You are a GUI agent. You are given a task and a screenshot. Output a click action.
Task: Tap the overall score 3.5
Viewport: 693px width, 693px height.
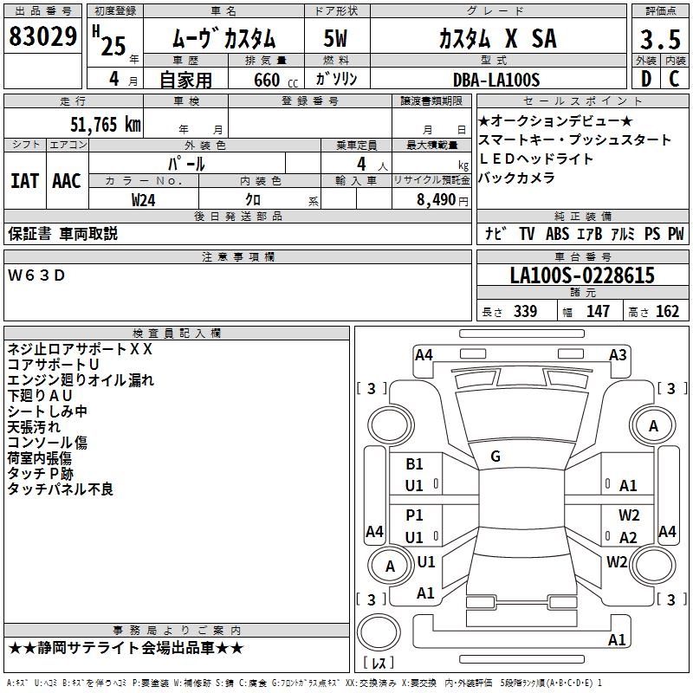point(658,41)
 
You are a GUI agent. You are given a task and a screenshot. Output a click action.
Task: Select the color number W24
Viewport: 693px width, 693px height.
point(144,199)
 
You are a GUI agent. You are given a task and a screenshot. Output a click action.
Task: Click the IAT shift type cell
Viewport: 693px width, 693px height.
point(24,181)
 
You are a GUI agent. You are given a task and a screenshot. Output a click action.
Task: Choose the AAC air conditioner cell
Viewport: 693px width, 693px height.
point(67,181)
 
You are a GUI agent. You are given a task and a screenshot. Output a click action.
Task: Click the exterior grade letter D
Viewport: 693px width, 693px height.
point(645,80)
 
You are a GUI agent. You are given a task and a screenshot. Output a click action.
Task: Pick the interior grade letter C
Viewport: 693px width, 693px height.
point(675,80)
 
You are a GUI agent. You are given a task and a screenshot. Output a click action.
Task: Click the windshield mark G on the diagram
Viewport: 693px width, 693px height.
point(495,457)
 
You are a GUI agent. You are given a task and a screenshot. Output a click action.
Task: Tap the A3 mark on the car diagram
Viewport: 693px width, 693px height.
point(618,355)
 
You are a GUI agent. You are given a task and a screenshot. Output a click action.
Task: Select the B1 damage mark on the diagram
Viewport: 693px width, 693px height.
point(414,464)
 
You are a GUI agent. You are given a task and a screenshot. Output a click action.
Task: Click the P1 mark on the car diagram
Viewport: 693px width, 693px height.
point(414,515)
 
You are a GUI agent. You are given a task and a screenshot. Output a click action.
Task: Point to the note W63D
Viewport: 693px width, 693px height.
point(36,275)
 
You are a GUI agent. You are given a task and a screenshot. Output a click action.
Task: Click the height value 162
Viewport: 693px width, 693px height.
point(667,312)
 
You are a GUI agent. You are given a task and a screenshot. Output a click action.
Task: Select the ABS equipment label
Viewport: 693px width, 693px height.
point(557,234)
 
